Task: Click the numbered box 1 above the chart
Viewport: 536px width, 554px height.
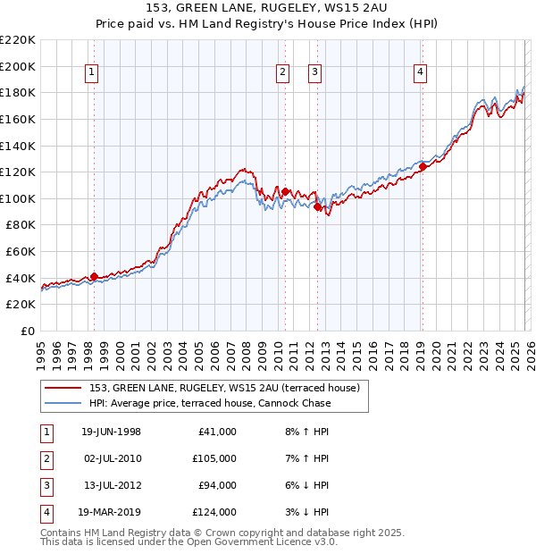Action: pos(93,73)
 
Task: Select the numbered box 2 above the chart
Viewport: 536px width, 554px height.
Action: pos(283,73)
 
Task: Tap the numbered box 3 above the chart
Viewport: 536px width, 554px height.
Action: pos(315,73)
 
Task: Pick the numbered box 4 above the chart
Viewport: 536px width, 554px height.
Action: pos(420,73)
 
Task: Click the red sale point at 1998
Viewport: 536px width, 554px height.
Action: pos(94,276)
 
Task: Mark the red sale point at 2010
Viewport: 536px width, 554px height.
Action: pos(284,191)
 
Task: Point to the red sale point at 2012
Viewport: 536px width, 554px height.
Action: pos(316,206)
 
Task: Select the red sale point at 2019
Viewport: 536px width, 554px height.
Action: pos(422,166)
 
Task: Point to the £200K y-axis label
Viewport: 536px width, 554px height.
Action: pos(18,66)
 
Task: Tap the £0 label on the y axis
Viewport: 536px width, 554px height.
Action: pos(28,331)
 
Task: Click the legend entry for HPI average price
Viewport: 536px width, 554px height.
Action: pos(210,403)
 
